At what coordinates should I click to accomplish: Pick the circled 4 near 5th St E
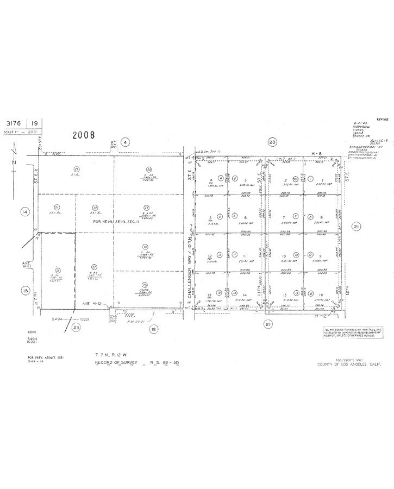pyautogui.click(x=125, y=142)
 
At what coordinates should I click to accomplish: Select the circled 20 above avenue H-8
pyautogui.click(x=272, y=142)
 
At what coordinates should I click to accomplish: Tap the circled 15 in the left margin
pyautogui.click(x=24, y=291)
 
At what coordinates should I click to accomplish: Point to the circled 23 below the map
pyautogui.click(x=76, y=327)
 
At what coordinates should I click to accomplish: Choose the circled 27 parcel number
pyautogui.click(x=93, y=266)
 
